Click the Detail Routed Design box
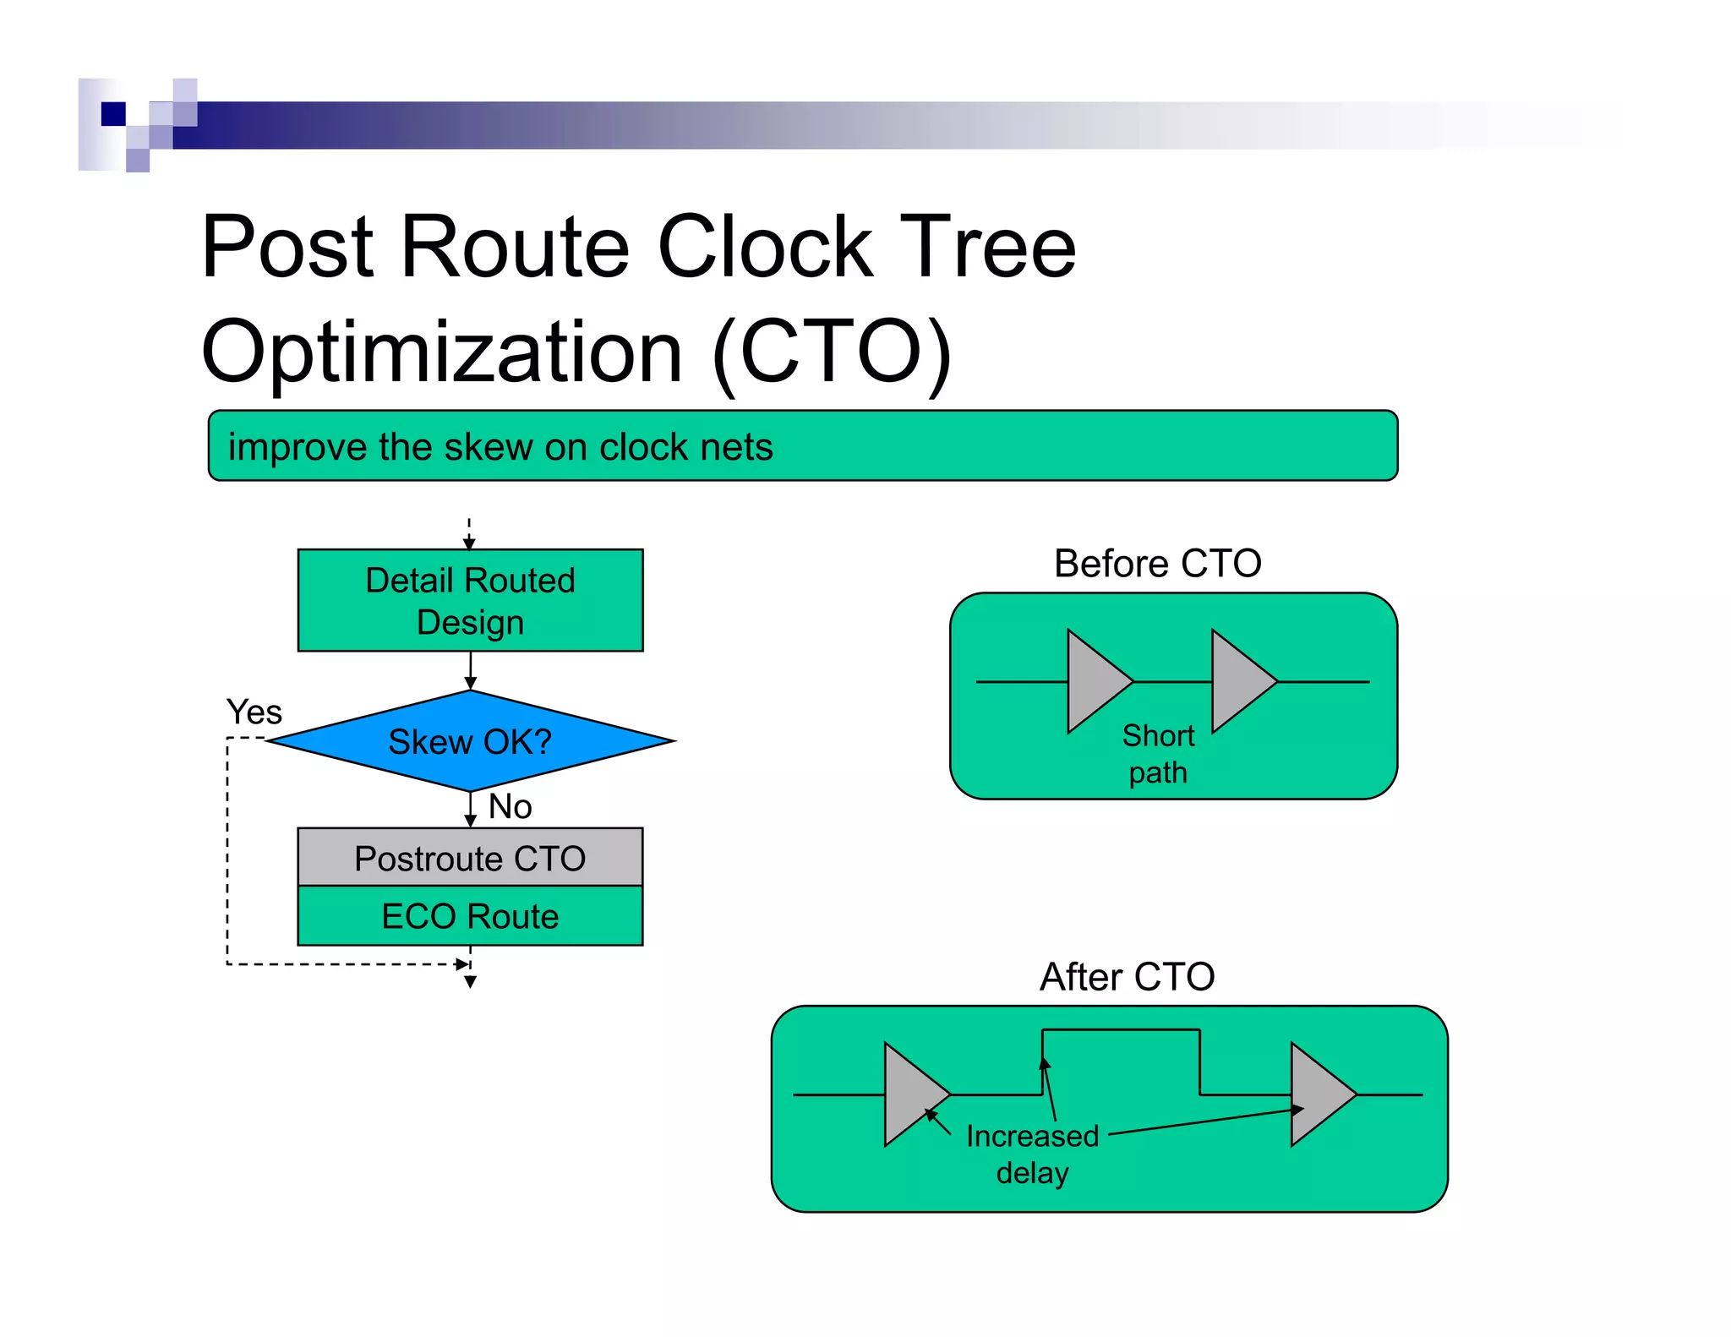[x=470, y=600]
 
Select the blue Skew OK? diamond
[x=470, y=741]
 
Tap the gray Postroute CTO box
[x=470, y=857]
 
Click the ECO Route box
[x=470, y=916]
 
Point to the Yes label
[x=254, y=712]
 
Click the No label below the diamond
[x=510, y=806]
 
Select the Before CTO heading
[x=1157, y=563]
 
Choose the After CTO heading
[x=1127, y=976]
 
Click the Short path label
[x=1158, y=753]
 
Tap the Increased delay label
[x=1032, y=1154]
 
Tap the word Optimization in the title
[x=441, y=351]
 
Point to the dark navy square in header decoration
[x=113, y=113]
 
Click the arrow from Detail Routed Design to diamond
[x=470, y=671]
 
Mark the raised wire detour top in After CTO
[x=1121, y=1029]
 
